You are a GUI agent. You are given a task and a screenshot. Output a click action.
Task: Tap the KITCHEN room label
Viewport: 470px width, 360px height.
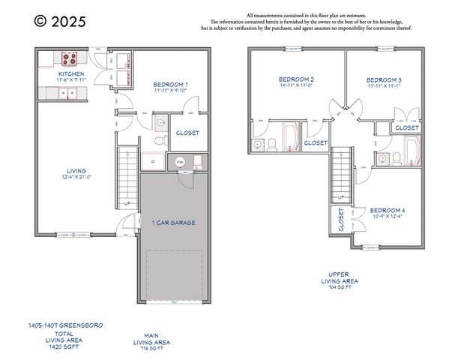click(71, 75)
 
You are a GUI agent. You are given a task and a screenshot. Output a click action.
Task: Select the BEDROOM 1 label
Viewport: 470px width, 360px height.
click(171, 85)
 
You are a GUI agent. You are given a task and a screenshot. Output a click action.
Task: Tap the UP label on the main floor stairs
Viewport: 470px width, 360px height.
click(127, 204)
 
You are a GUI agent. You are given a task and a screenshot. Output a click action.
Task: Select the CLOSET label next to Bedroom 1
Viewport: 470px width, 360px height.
click(187, 133)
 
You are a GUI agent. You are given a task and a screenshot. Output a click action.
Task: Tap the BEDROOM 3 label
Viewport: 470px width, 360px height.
click(384, 79)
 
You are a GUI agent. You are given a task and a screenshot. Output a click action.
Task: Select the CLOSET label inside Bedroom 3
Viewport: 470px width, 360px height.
click(407, 127)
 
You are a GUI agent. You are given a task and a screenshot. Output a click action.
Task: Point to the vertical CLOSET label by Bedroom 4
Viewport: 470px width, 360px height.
click(341, 220)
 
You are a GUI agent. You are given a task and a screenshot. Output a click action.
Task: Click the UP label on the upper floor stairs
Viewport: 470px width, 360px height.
click(341, 197)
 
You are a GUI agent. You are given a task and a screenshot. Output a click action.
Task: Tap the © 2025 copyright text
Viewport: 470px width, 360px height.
click(60, 22)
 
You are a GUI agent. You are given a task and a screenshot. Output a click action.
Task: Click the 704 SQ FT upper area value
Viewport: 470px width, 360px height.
click(340, 287)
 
